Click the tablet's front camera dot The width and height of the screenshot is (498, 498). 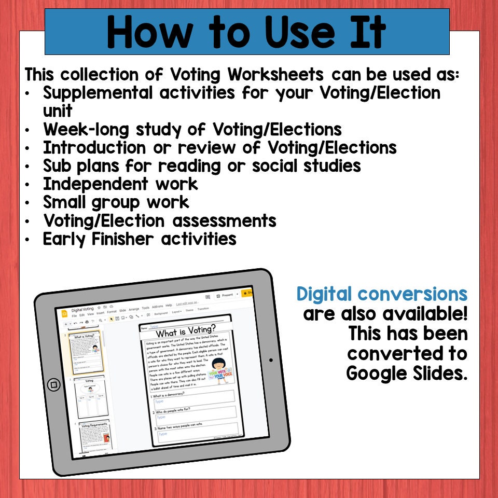270,360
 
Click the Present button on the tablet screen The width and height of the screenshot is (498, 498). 227,295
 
